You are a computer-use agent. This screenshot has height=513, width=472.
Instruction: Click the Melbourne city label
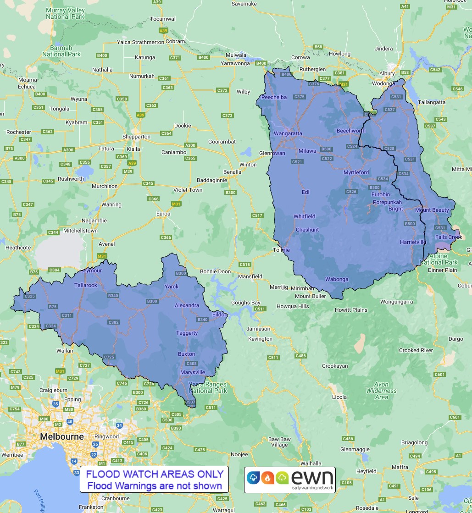click(x=62, y=436)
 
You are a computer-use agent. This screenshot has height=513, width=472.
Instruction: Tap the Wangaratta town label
click(x=288, y=133)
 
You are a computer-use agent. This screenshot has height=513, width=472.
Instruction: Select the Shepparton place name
click(x=136, y=137)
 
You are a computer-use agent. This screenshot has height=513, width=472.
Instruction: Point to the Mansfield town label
click(x=250, y=276)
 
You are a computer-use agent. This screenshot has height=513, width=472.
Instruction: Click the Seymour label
click(x=91, y=270)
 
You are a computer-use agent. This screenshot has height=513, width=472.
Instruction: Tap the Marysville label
click(x=192, y=372)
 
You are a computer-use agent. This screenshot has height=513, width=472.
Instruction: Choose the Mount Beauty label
click(x=432, y=210)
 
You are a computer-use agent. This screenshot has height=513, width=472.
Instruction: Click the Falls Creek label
click(x=449, y=237)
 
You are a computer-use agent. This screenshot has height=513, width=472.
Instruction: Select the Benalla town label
click(x=233, y=172)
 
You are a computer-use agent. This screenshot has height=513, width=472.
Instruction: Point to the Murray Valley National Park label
click(x=66, y=13)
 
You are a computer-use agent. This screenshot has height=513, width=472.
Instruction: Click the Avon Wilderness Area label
click(x=381, y=391)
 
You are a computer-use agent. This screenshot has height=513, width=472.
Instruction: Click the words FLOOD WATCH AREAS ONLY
click(x=155, y=474)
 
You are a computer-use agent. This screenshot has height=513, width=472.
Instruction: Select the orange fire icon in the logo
click(x=267, y=478)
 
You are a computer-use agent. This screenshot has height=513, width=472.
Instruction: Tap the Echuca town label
click(x=27, y=87)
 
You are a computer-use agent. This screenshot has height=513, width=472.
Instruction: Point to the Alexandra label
click(x=187, y=305)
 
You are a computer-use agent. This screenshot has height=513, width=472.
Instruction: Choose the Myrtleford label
click(x=356, y=172)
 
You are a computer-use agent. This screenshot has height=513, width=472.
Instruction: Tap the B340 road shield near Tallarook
click(x=113, y=296)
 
